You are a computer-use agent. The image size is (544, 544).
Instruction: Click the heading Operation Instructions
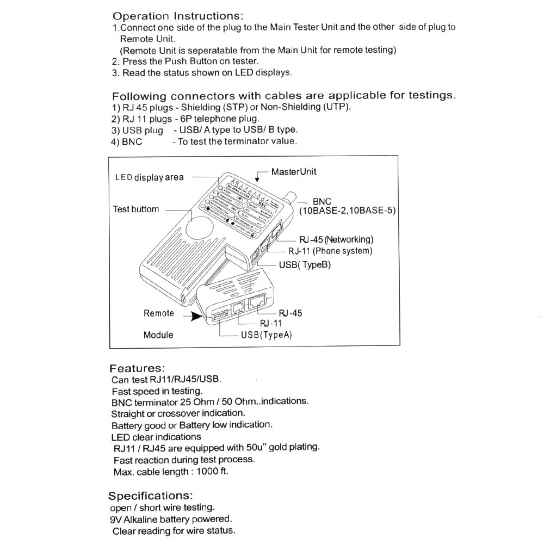178,16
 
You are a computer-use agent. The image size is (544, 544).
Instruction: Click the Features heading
137,368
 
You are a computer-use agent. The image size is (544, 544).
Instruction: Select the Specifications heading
150,496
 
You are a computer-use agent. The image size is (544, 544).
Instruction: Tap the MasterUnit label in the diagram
294,172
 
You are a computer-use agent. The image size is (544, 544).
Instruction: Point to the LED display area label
149,177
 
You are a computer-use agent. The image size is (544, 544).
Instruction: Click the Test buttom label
136,209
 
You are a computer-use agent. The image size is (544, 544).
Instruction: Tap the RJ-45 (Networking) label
336,239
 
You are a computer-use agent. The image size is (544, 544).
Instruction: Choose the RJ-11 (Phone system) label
330,251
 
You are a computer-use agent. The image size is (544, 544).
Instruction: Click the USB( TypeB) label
305,265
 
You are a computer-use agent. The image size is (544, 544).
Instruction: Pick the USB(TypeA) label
267,335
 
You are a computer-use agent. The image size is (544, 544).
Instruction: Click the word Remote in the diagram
159,313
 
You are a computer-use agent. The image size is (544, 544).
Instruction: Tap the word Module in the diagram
158,335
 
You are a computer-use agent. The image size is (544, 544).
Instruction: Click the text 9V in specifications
116,519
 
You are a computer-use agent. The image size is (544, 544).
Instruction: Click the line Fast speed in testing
157,391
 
